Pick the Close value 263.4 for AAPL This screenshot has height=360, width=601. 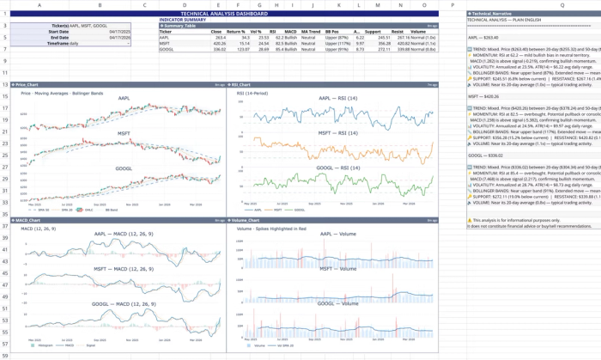pyautogui.click(x=220, y=38)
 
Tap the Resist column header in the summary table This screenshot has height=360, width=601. pyautogui.click(x=398, y=32)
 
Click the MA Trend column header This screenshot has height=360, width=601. pyautogui.click(x=311, y=32)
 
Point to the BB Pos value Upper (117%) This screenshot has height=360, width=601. pyautogui.click(x=337, y=44)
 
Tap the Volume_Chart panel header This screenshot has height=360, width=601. pyautogui.click(x=249, y=221)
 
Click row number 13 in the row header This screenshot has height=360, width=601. pyautogui.click(x=4, y=85)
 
